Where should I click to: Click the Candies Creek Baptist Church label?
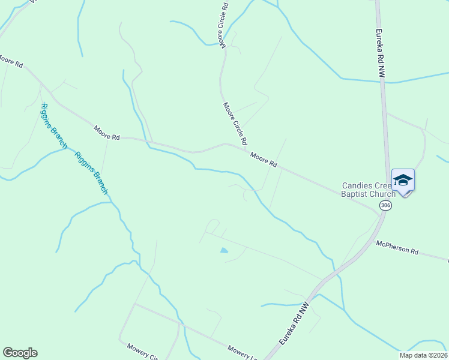coord(369,190)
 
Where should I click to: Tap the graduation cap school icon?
coord(403,180)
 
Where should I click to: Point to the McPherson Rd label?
coord(397,247)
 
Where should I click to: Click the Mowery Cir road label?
coord(142,351)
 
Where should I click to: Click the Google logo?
coord(20,353)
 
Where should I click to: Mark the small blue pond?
coord(224,250)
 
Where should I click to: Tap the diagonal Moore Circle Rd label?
coord(235,124)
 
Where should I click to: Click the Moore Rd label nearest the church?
coord(264,160)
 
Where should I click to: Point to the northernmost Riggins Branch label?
coord(54,126)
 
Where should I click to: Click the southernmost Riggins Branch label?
coord(91,173)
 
